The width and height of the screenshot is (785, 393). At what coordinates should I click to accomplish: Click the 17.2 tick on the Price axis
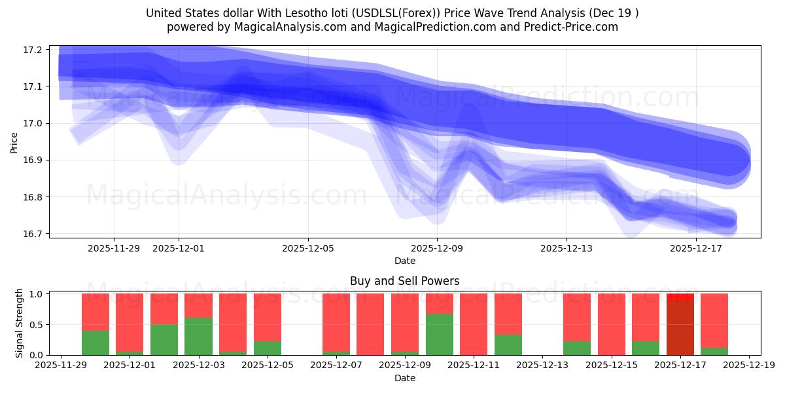coord(33,50)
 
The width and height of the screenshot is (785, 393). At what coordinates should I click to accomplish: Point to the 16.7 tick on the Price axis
coord(33,234)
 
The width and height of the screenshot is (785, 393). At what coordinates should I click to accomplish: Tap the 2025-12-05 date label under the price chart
coord(308,248)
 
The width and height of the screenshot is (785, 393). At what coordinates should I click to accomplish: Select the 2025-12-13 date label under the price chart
coord(567,248)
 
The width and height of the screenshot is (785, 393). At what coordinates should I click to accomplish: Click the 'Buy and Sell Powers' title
coord(404,281)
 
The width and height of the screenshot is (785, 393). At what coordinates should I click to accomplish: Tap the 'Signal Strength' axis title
coord(20,323)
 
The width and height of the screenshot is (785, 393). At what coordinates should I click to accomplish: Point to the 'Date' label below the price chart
coord(404,261)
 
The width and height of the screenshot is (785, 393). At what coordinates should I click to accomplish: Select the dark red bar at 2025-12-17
coord(680,327)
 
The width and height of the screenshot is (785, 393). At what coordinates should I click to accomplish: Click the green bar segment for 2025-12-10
coord(440,334)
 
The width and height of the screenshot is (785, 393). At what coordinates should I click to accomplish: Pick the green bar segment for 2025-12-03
coord(198,336)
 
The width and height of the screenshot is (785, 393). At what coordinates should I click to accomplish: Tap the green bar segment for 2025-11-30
coord(96,343)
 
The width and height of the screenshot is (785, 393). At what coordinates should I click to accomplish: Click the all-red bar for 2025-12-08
coord(370,324)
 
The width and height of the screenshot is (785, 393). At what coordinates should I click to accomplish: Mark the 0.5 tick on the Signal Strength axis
coord(35,324)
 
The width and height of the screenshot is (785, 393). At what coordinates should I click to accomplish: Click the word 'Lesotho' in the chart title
coord(285,13)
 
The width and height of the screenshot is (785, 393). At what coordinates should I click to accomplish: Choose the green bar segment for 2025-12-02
coord(164,339)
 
